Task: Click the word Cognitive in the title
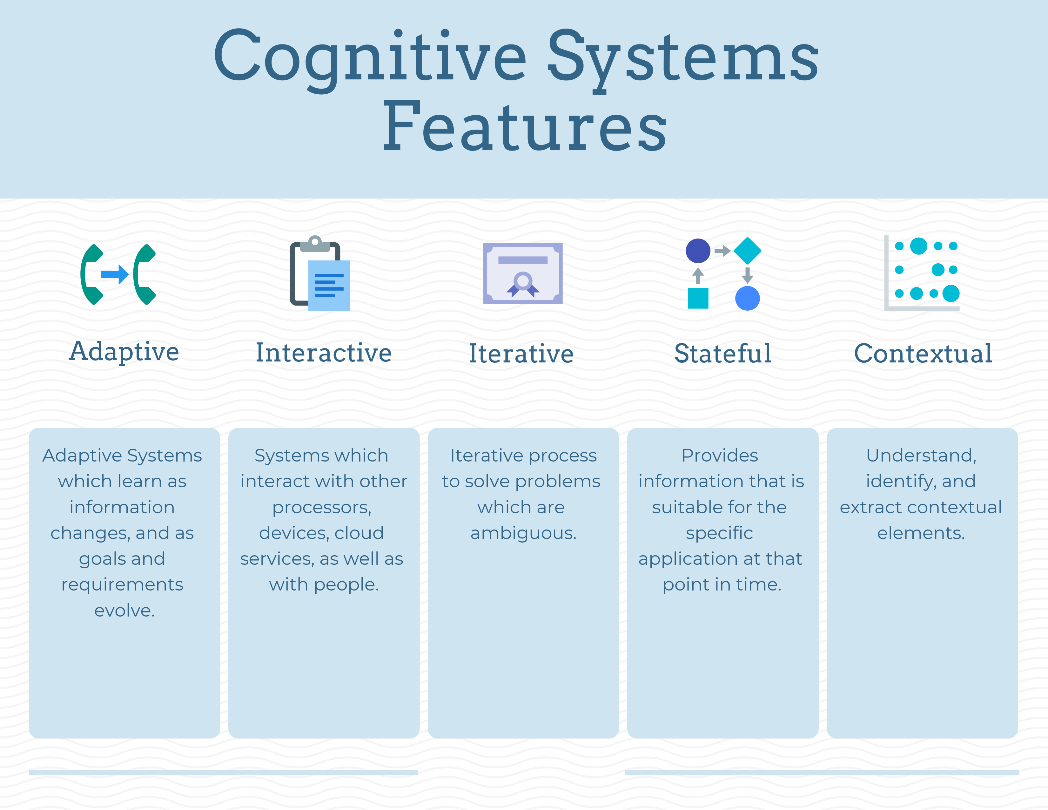[369, 57]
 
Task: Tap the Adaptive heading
[124, 352]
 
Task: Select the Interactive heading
[323, 353]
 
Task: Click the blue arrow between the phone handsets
[114, 274]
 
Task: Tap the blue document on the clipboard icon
[329, 286]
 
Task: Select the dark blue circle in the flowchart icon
[698, 251]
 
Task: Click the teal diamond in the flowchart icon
[747, 251]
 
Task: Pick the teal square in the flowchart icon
[698, 298]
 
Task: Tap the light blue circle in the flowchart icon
[747, 298]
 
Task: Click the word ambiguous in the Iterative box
[523, 533]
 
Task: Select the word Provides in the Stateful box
[720, 456]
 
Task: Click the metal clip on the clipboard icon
[315, 244]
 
